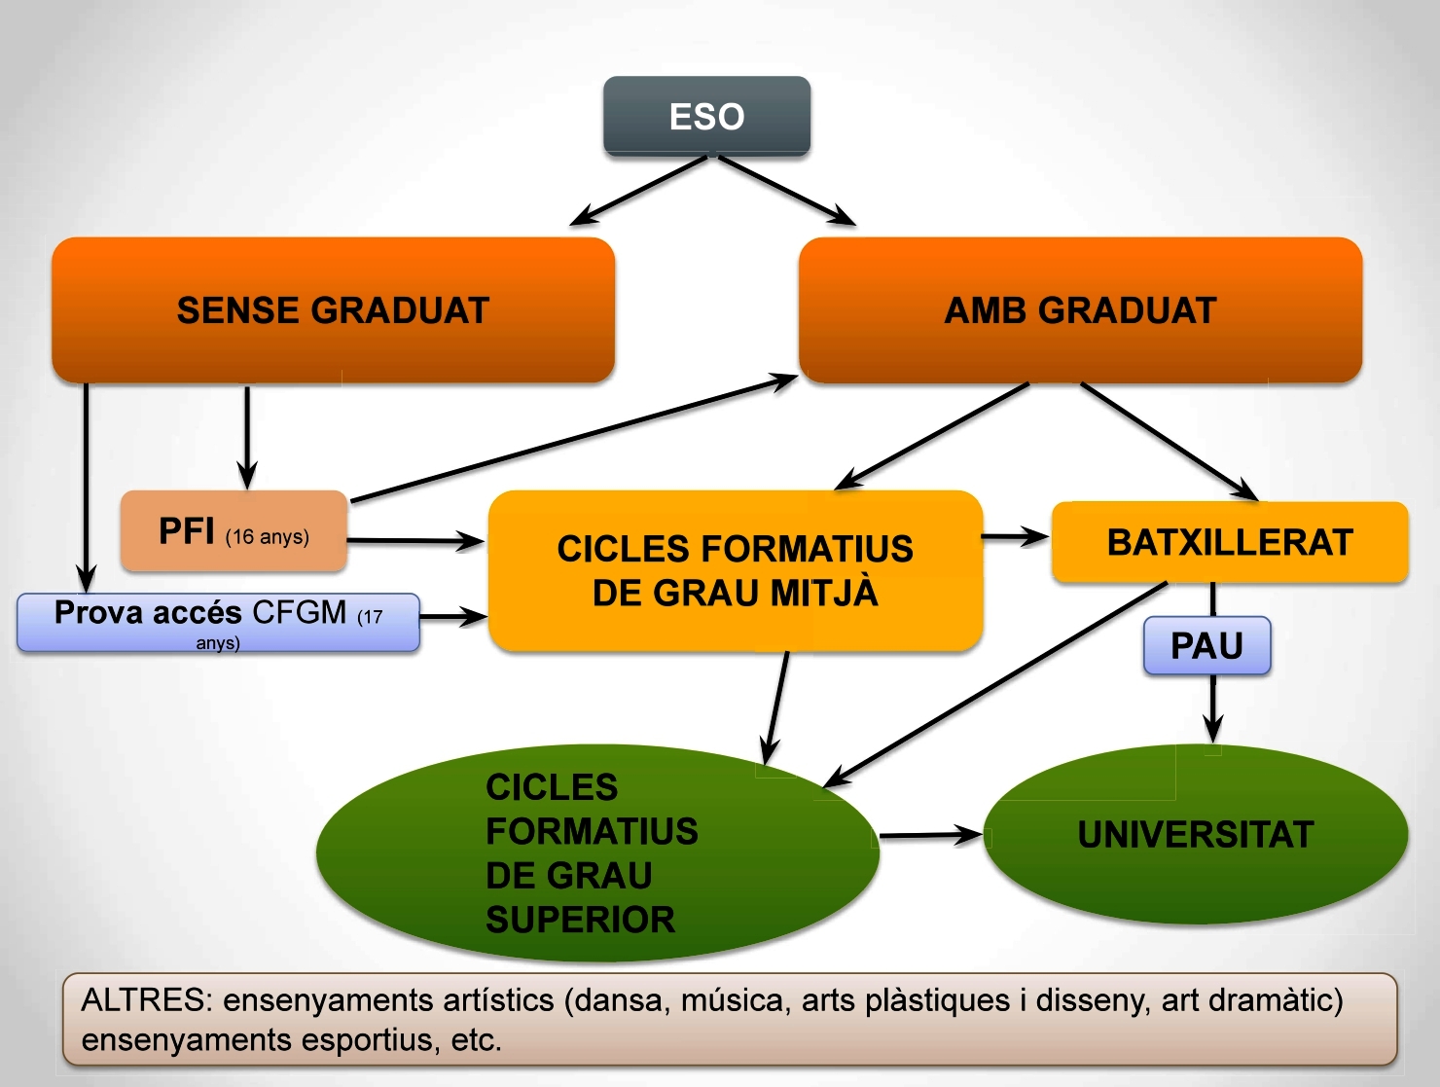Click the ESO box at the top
[x=706, y=116]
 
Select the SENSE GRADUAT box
[x=333, y=309]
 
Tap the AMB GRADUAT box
[x=1080, y=309]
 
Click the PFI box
[x=234, y=531]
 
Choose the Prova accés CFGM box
[x=218, y=622]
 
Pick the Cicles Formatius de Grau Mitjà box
[x=735, y=570]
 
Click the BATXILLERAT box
[x=1230, y=542]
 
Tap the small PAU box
[x=1206, y=645]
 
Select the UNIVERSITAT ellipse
[x=1196, y=834]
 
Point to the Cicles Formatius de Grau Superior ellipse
[x=596, y=853]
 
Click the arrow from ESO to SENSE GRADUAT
[x=638, y=191]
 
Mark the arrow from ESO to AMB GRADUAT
[x=786, y=191]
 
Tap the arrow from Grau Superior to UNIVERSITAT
[x=929, y=835]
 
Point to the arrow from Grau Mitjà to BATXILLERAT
[x=1015, y=536]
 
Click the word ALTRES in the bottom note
[x=146, y=1000]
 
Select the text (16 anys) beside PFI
[x=268, y=537]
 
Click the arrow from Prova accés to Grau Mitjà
[x=452, y=616]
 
